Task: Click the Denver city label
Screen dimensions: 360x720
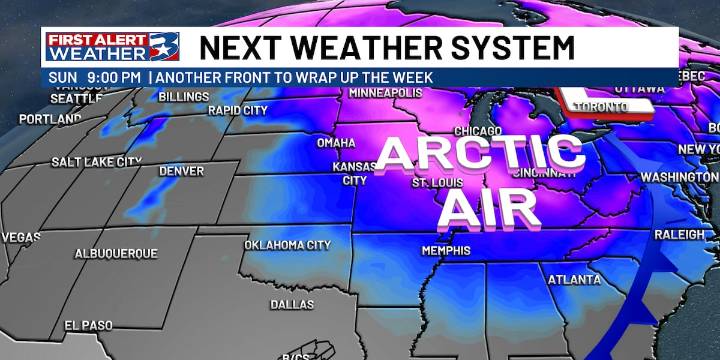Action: click(x=181, y=171)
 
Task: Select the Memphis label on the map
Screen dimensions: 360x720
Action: click(x=445, y=250)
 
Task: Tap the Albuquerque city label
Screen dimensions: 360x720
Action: click(x=115, y=254)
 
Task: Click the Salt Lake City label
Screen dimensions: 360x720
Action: click(x=97, y=161)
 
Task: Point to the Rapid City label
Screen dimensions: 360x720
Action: click(x=237, y=110)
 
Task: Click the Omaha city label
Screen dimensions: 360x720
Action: click(x=336, y=143)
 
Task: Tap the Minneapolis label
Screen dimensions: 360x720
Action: click(x=386, y=93)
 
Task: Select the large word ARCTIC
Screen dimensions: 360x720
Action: click(x=480, y=153)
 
